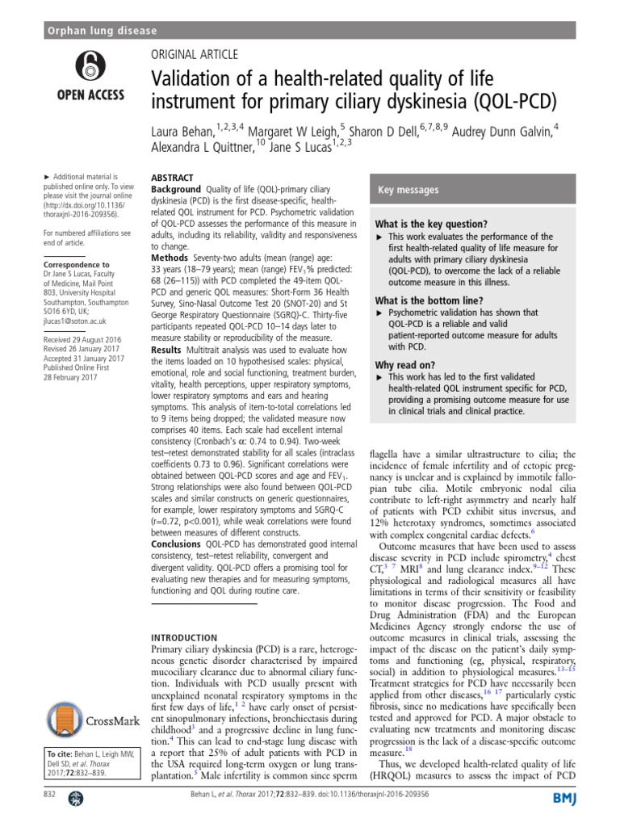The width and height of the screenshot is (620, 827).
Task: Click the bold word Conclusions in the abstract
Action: pyautogui.click(x=182, y=545)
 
